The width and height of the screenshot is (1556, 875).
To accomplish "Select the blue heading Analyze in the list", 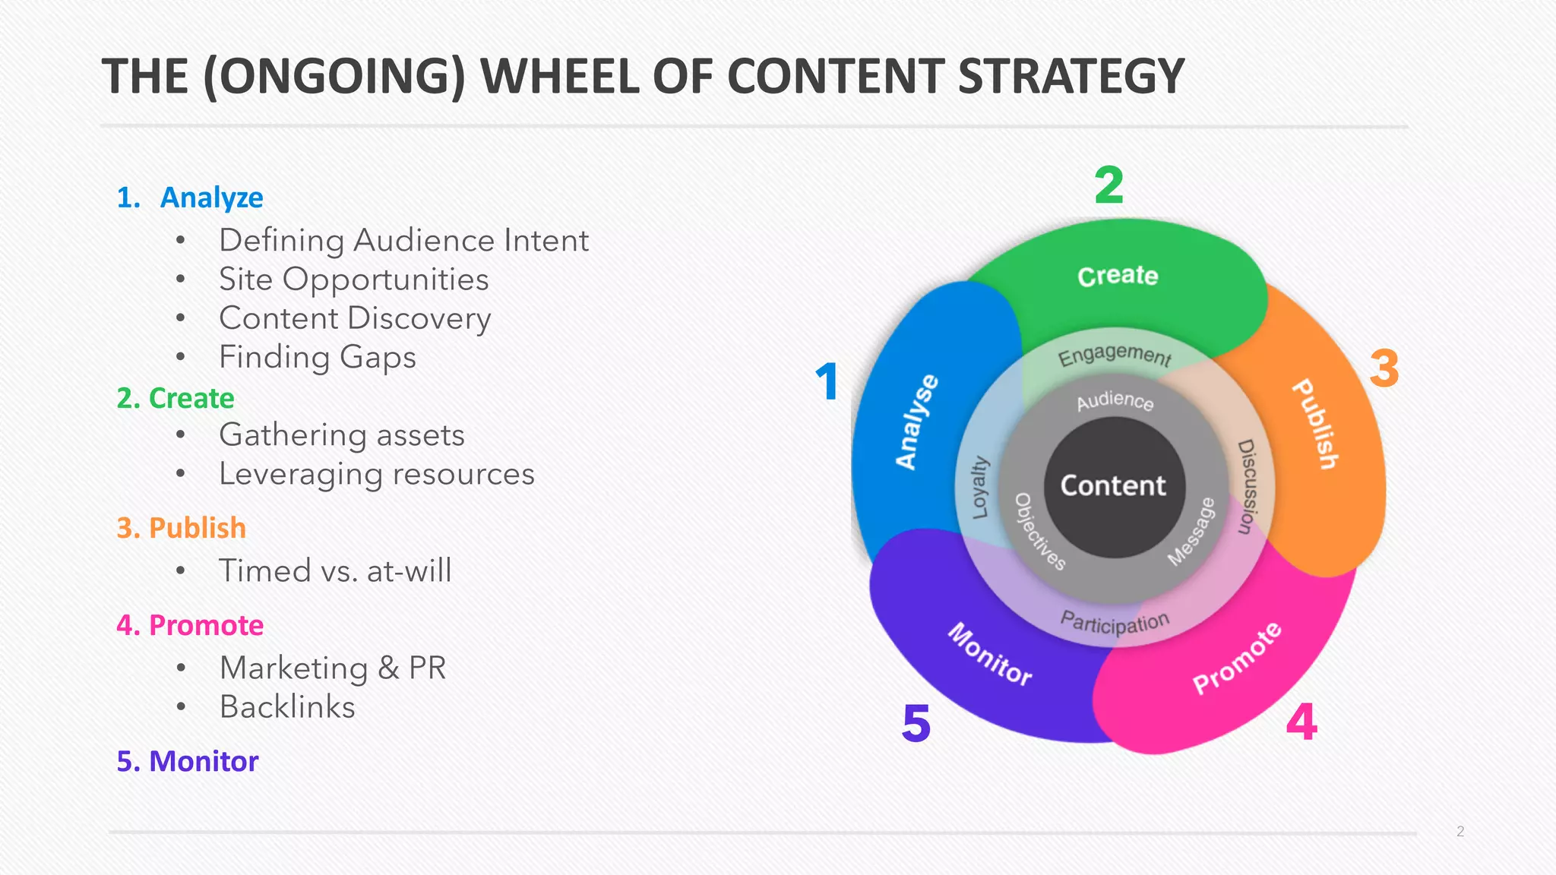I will [211, 197].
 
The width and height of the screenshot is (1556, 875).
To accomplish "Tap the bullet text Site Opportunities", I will [353, 280].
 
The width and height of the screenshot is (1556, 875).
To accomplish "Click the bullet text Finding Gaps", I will [318, 357].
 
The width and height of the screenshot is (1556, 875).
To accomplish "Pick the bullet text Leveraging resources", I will [377, 474].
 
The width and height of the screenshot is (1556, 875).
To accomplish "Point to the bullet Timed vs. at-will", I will [335, 570].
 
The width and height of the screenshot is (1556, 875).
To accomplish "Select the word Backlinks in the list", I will [287, 707].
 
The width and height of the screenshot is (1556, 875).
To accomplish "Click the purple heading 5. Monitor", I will [188, 761].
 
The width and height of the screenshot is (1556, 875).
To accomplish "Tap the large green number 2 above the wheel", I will [1108, 185].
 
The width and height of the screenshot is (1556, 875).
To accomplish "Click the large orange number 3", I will [1384, 369].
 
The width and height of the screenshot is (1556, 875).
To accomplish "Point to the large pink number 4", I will [1301, 722].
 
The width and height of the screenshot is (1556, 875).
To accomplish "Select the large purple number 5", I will [916, 723].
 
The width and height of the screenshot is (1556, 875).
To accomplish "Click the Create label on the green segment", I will [1118, 276].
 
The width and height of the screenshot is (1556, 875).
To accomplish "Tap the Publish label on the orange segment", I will [1316, 424].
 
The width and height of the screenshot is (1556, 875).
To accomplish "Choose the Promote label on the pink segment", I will [1237, 658].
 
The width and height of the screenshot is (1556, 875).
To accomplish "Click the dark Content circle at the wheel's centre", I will [1113, 486].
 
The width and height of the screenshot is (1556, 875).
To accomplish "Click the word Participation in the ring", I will [1115, 622].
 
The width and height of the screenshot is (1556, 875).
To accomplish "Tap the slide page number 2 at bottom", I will [1460, 831].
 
